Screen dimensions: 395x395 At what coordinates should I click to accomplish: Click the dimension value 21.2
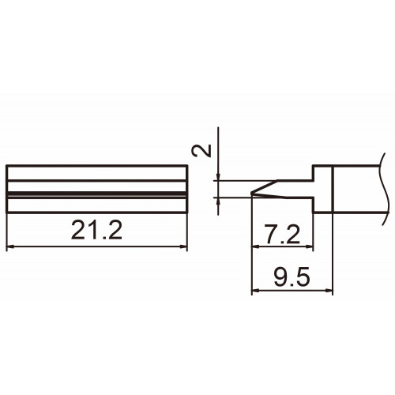[x=96, y=231]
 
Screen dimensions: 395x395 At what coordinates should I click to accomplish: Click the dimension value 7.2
[x=283, y=235]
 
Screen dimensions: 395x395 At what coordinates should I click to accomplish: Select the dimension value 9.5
[x=292, y=277]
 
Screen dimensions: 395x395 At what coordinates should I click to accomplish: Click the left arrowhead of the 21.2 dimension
[x=9, y=246]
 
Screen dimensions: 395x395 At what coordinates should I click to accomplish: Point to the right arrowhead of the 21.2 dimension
[x=183, y=246]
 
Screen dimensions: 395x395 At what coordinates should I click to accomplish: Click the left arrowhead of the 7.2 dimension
[x=255, y=246]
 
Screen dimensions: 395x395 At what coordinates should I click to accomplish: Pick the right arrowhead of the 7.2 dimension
[x=310, y=246]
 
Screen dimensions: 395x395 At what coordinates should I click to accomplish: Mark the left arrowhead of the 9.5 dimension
[x=255, y=291]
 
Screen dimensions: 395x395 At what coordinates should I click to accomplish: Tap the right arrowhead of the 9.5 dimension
[x=329, y=291]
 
